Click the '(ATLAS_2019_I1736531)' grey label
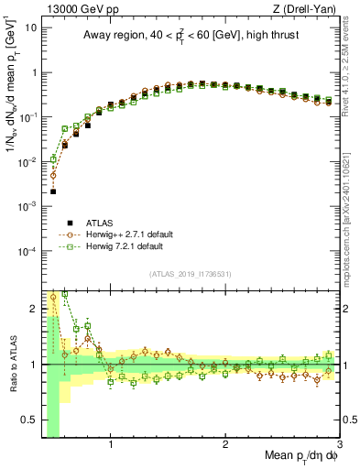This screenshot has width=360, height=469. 191,274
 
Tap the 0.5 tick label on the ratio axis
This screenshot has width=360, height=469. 30,420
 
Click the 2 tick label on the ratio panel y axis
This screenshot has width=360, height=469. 35,309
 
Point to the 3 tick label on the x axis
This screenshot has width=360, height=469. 340,447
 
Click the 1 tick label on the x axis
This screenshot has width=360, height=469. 111,447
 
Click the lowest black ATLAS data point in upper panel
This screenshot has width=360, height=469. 53,191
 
